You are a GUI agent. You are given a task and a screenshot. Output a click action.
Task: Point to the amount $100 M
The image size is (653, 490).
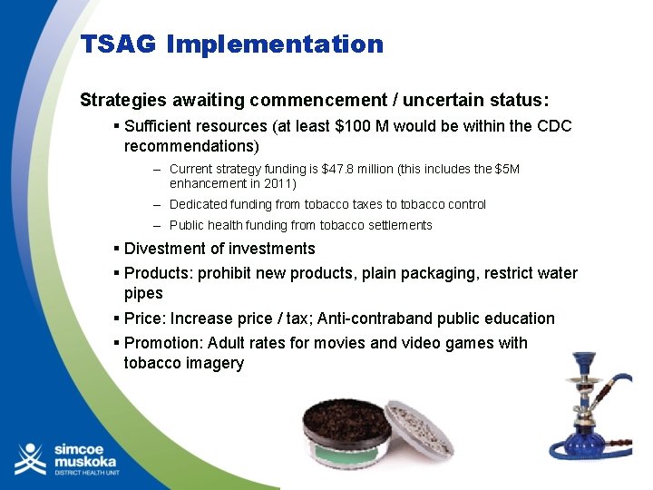click(362, 126)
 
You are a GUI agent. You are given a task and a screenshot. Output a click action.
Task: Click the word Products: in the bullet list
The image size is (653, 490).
click(159, 273)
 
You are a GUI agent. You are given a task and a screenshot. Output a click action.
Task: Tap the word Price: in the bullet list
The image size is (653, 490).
click(145, 318)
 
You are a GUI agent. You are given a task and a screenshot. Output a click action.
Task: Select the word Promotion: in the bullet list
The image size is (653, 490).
click(164, 343)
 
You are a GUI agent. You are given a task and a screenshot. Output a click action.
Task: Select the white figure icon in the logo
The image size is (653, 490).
click(30, 459)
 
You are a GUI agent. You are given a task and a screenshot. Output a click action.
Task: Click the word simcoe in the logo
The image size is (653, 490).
click(80, 447)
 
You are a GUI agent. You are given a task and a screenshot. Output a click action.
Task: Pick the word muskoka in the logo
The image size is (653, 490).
click(87, 462)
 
